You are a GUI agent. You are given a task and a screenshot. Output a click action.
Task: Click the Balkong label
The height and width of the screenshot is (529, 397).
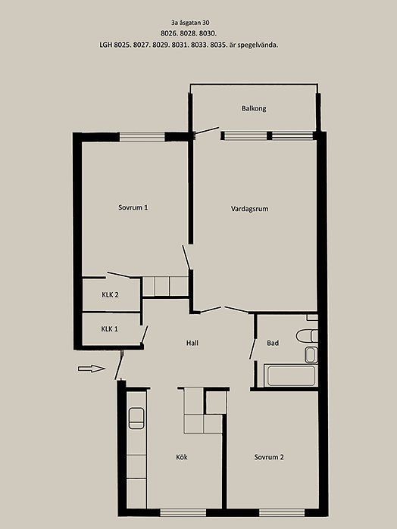click(254, 109)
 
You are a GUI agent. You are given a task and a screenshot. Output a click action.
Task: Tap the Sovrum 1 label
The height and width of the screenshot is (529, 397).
click(133, 207)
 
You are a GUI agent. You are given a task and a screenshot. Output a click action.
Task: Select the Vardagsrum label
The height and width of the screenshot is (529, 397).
click(250, 209)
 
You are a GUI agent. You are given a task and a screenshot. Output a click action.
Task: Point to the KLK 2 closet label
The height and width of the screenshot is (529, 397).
click(110, 295)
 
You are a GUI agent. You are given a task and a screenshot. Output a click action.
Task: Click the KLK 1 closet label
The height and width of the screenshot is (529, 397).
click(109, 329)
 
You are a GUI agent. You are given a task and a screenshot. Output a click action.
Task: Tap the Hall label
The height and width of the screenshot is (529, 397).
click(192, 343)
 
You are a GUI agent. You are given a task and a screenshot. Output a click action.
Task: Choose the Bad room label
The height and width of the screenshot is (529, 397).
click(273, 343)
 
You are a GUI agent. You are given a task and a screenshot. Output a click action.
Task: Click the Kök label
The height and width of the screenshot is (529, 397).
click(181, 457)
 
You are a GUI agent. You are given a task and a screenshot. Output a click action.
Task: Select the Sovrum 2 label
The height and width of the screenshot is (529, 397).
click(269, 457)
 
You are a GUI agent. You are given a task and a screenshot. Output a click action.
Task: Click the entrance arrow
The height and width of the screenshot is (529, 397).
click(91, 369)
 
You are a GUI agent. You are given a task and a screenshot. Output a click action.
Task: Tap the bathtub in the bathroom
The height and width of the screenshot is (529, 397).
click(291, 375)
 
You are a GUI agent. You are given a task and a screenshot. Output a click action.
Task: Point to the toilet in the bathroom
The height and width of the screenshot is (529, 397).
click(307, 336)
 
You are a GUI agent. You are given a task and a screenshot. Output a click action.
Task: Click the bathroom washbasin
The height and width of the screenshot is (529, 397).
click(311, 355)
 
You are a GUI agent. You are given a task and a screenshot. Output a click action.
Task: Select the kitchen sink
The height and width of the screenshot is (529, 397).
click(136, 419)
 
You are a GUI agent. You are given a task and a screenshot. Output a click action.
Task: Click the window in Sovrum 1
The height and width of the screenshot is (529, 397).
click(142, 137)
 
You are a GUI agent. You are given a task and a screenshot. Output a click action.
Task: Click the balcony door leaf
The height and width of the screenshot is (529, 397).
click(206, 131)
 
